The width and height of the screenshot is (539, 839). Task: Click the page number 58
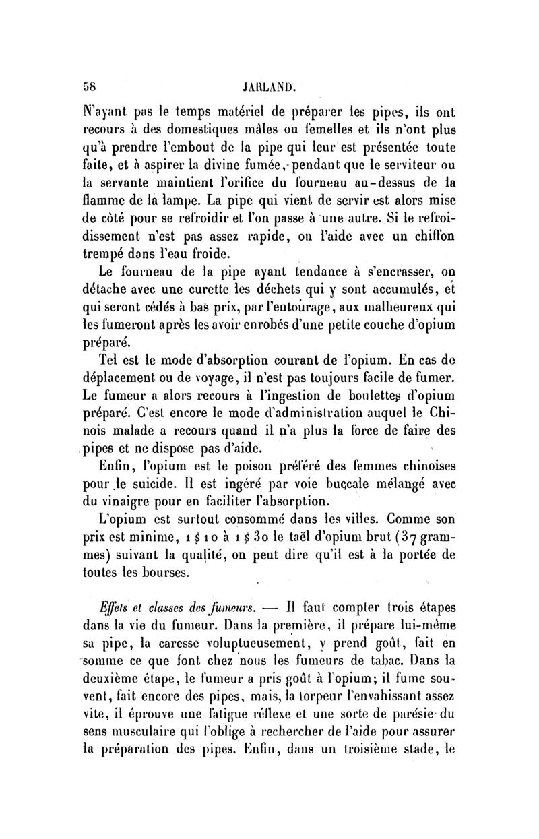[x=89, y=68]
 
